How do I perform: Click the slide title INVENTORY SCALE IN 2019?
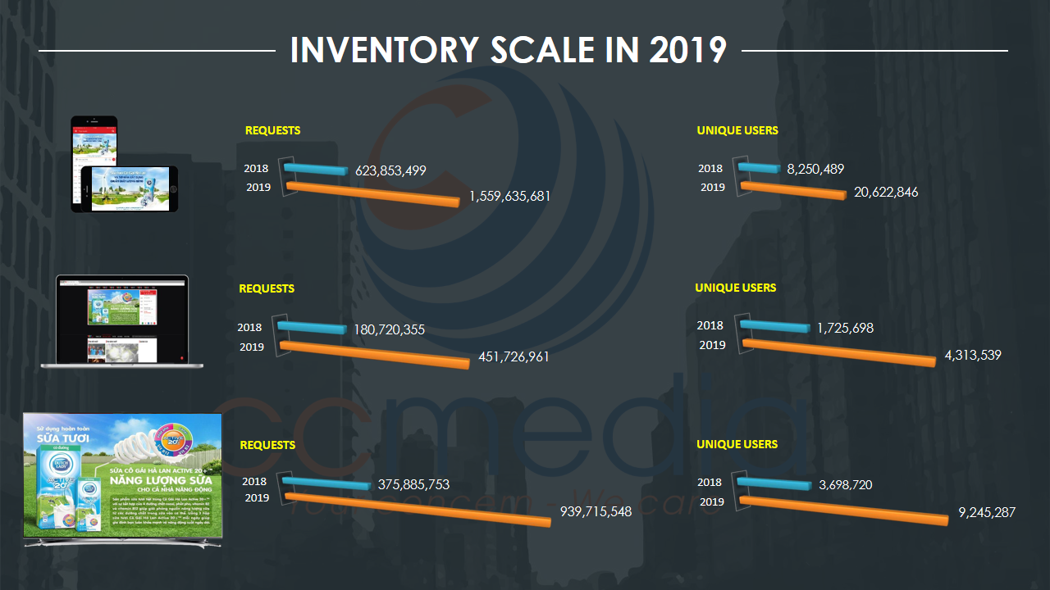point(508,50)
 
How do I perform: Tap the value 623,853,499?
point(390,172)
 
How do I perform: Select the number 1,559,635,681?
point(509,197)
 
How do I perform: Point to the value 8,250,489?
point(815,169)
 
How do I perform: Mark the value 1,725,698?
point(845,328)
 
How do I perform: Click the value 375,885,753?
point(413,484)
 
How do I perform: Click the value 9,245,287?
point(987,513)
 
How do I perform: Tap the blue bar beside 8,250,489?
point(760,168)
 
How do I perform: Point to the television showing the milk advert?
point(123,478)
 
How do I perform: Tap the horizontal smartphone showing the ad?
point(130,189)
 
